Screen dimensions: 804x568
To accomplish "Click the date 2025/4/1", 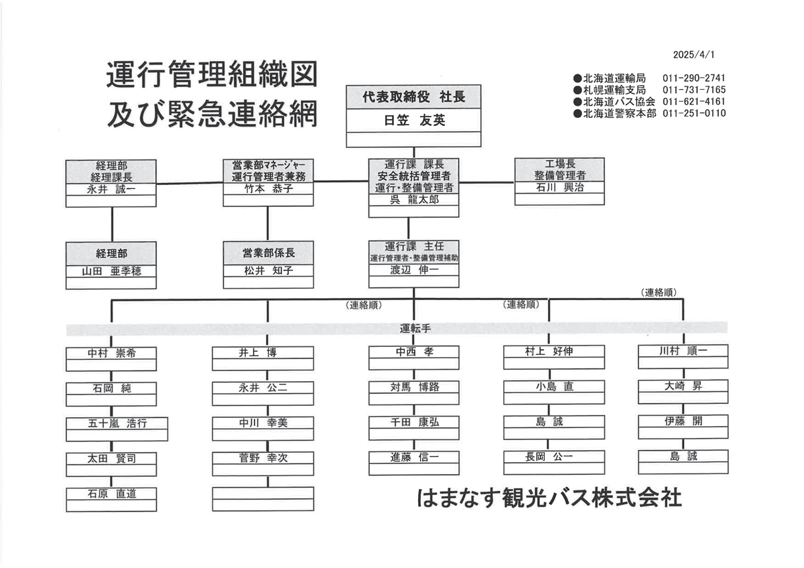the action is click(693, 54).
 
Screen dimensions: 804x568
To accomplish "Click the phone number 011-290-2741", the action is click(694, 78).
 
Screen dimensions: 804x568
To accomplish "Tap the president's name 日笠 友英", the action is click(414, 120).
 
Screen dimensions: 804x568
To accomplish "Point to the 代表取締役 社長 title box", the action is click(413, 97).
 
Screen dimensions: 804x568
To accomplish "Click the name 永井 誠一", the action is click(111, 189).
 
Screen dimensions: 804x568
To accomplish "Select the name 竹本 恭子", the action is click(269, 188).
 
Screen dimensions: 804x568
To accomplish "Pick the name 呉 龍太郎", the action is click(414, 200).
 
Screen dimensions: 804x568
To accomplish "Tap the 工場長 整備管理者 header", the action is click(559, 169).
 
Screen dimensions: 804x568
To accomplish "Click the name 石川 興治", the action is click(559, 188).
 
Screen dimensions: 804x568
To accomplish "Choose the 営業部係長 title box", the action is click(269, 253).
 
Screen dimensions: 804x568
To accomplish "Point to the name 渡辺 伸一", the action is click(414, 270).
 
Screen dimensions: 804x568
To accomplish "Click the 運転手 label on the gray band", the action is click(415, 328).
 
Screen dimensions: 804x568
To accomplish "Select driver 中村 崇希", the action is click(112, 353).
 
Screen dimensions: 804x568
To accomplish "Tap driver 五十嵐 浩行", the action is click(117, 423).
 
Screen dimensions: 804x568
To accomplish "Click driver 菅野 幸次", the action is click(263, 458).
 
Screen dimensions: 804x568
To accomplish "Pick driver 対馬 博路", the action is click(415, 387).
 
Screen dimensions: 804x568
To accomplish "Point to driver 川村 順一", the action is click(683, 350).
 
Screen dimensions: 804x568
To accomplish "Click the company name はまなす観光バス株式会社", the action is click(549, 498).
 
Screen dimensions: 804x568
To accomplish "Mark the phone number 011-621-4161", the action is click(694, 102).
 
